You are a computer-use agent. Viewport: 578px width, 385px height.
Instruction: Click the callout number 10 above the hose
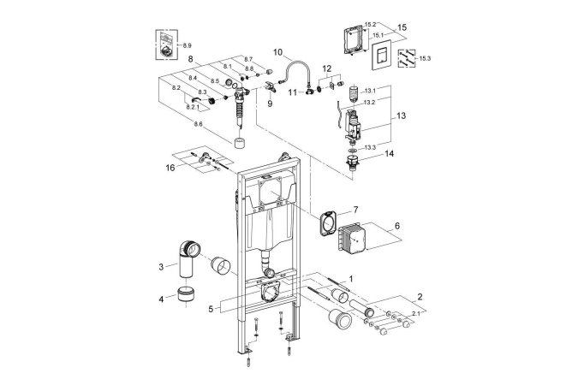pos(278,51)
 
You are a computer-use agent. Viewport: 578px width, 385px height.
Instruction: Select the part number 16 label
pos(170,167)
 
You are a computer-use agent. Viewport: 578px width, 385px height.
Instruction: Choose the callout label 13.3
pos(371,146)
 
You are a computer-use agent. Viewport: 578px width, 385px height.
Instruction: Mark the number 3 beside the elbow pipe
pos(161,267)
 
